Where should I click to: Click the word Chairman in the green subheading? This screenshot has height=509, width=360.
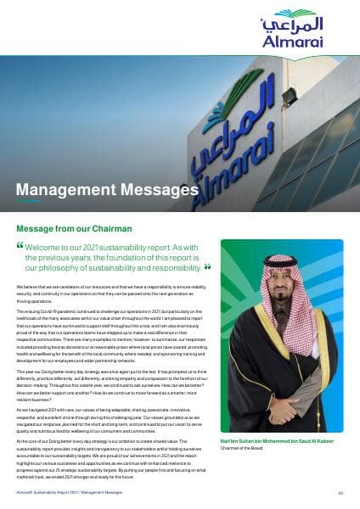[127, 228]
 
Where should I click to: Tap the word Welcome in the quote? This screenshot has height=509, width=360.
[48, 247]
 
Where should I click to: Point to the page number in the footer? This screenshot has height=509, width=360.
[340, 491]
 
